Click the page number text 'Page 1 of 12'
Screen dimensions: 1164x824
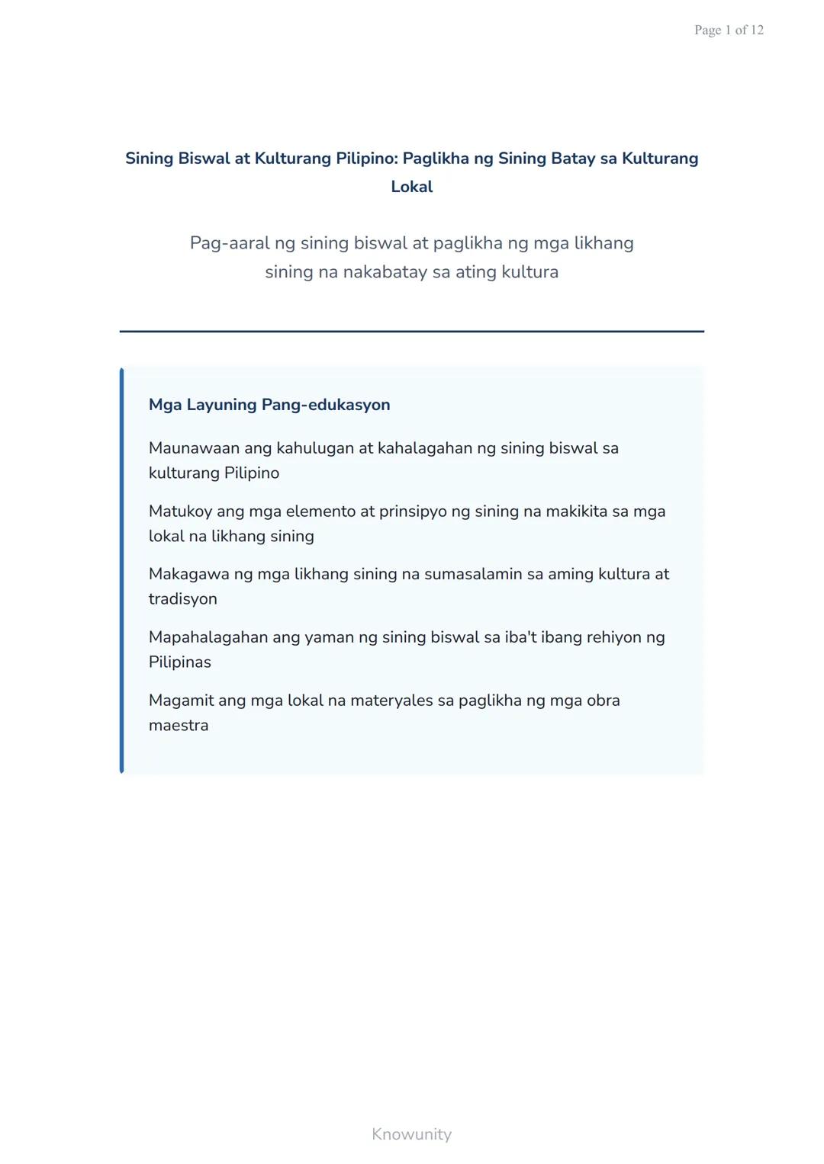click(x=729, y=30)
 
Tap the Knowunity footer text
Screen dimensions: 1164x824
click(x=411, y=1134)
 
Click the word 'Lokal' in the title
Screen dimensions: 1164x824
click(x=411, y=187)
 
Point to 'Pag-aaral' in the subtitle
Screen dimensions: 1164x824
click(x=229, y=243)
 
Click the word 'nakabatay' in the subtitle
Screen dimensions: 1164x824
click(x=385, y=272)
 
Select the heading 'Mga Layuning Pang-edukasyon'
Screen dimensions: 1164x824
click(x=269, y=405)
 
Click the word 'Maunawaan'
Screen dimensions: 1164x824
click(x=194, y=448)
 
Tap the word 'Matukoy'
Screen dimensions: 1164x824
click(x=180, y=511)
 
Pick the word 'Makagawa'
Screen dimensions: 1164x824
click(x=188, y=574)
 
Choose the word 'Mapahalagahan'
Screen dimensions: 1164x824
click(x=208, y=637)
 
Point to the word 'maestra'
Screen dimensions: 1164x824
click(x=179, y=726)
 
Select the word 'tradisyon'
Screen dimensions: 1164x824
click(x=183, y=599)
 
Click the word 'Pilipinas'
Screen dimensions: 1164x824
click(x=180, y=662)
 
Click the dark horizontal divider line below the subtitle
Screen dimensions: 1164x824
click(x=411, y=332)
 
